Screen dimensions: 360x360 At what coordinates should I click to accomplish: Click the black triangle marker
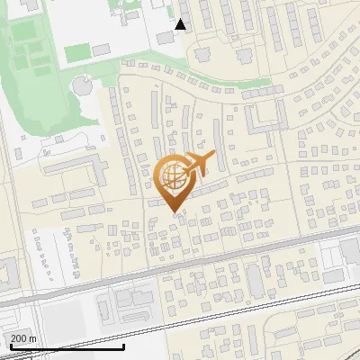point(181,24)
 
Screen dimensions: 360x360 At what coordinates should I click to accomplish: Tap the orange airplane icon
point(199,165)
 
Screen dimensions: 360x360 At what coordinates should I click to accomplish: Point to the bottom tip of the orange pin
point(173,212)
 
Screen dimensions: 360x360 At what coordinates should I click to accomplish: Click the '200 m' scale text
point(22,338)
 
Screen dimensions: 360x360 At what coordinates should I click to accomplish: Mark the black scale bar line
point(62,346)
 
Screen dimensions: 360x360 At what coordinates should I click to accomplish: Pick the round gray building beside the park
point(82,87)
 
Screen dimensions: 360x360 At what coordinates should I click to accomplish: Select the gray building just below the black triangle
point(166,38)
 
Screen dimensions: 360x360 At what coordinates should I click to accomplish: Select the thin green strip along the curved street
point(243,94)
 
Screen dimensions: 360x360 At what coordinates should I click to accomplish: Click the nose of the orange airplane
point(214,156)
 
